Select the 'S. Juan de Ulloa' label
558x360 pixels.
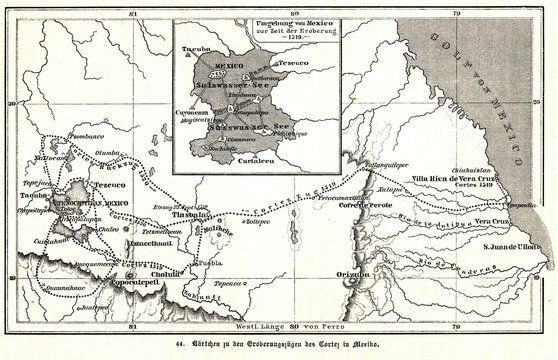pyautogui.click(x=511, y=246)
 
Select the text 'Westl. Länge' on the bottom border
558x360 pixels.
pyautogui.click(x=259, y=325)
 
